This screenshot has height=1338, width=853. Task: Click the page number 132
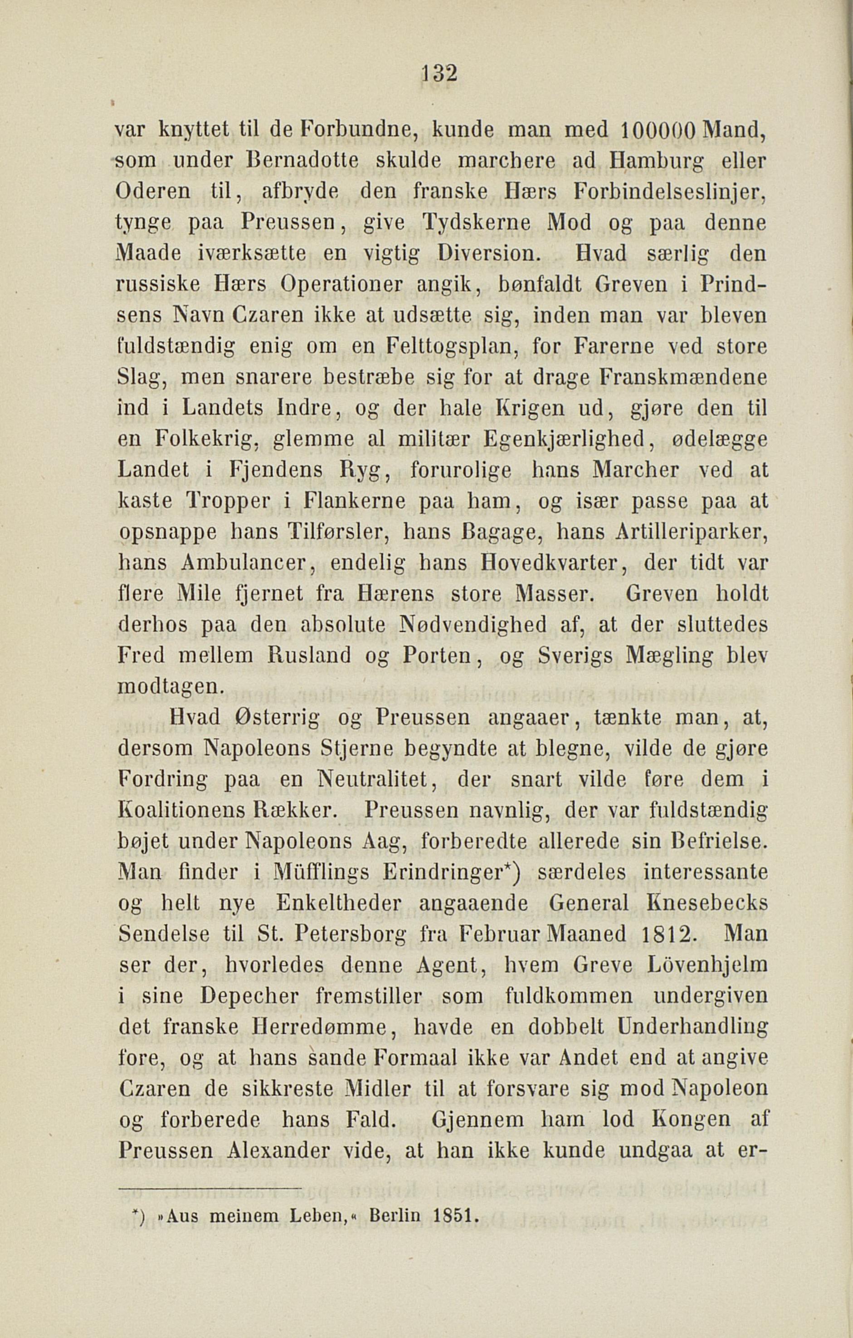click(x=439, y=73)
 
